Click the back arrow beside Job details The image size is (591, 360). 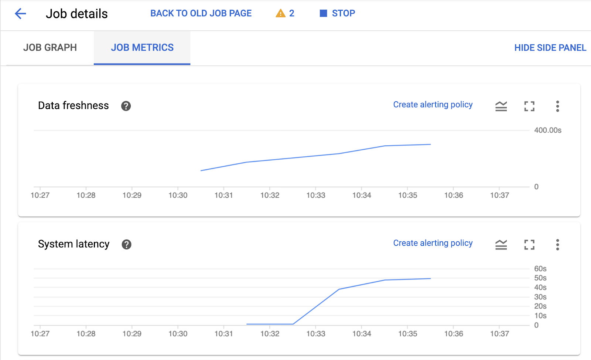20,14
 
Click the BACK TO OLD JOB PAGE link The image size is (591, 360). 201,13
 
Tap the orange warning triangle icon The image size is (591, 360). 281,14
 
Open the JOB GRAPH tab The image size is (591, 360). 50,48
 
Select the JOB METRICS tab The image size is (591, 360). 142,48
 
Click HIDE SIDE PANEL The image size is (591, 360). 550,48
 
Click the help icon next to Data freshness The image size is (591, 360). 126,106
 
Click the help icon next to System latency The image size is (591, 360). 127,244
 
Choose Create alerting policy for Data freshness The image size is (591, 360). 433,105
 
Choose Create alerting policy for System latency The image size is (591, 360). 433,243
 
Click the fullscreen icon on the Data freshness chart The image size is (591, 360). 529,106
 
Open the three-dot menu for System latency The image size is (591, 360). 557,245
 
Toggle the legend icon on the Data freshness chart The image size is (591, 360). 501,106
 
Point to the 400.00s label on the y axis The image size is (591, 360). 547,130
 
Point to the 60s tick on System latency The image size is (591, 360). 540,269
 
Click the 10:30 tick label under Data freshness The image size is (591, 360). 178,195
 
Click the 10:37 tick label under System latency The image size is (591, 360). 499,334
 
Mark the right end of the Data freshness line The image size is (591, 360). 431,145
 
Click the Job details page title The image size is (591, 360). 76,14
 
